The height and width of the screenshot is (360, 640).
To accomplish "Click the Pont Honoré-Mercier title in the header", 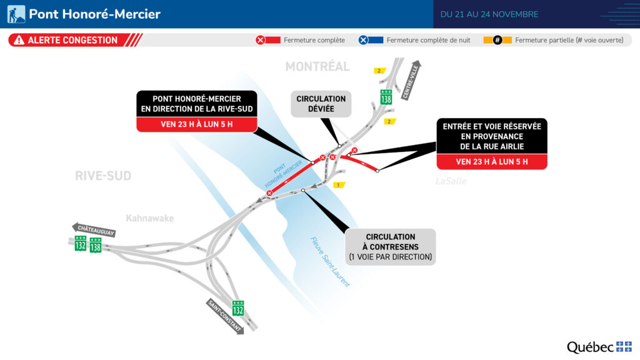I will [x=94, y=14].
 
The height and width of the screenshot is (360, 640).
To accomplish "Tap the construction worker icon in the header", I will [x=16, y=14].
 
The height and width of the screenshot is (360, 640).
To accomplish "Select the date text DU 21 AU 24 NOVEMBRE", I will [x=489, y=14].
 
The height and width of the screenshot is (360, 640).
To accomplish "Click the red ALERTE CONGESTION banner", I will [x=72, y=40].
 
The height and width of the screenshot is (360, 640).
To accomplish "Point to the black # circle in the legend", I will [x=497, y=40].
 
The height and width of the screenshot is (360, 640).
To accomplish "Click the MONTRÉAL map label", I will [x=317, y=66].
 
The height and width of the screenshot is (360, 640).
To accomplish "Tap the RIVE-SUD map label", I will [x=103, y=176].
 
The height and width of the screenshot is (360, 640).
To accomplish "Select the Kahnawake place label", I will [x=150, y=218].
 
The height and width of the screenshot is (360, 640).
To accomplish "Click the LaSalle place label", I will [x=451, y=181].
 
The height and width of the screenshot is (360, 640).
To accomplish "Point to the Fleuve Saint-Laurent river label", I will [x=330, y=262].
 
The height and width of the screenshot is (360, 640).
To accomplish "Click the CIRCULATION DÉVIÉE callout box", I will [x=321, y=104].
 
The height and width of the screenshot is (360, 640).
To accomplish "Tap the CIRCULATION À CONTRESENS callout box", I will [x=391, y=246].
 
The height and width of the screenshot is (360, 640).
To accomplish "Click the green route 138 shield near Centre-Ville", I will [x=387, y=97].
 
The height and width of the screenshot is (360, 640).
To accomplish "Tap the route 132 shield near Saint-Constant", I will [x=238, y=308].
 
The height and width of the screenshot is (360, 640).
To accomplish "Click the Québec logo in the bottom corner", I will [x=599, y=347].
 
